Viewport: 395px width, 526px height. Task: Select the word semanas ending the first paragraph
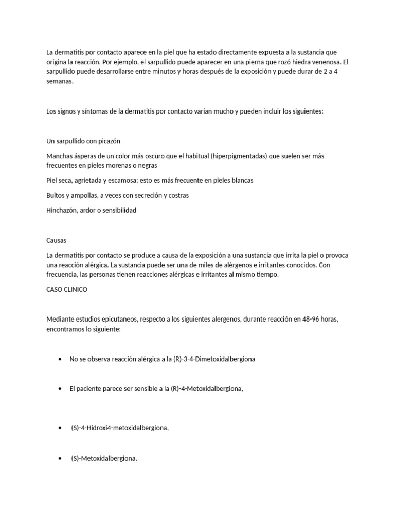60,81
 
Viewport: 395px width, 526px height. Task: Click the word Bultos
56,195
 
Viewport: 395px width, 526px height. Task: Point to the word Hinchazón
62,210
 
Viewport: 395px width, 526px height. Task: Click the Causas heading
56,240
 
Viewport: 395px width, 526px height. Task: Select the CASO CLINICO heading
67,289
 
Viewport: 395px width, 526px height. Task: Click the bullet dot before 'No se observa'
61,359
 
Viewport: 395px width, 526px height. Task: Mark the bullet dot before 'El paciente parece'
61,389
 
